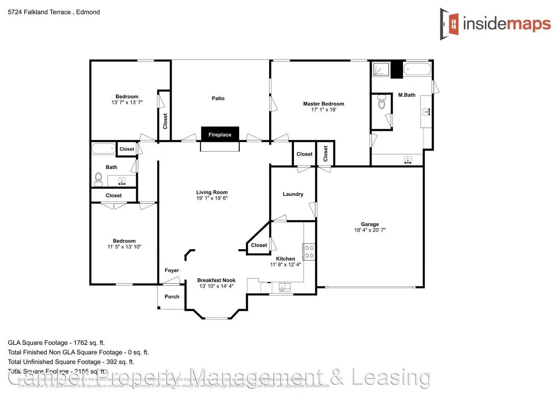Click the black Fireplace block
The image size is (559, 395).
coord(220,134)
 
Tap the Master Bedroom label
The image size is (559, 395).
coord(323,104)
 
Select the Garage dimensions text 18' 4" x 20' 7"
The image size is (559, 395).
coord(370,230)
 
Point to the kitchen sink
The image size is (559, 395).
coord(284,287)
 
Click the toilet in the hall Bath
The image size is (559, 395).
coord(98,178)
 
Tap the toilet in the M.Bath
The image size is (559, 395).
coord(381,102)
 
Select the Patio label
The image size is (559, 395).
coord(218,98)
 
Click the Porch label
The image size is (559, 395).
coord(172,297)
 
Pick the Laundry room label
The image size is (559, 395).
coord(293,194)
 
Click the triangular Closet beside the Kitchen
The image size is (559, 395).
coord(259,245)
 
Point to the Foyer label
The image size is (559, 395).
coord(172,270)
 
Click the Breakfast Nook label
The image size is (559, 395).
coord(216,280)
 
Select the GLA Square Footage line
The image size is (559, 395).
coord(56,343)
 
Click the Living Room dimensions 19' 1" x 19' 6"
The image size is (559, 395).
coord(212,198)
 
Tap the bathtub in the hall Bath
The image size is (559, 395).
coord(104,148)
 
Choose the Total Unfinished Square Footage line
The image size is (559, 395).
coord(71,362)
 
